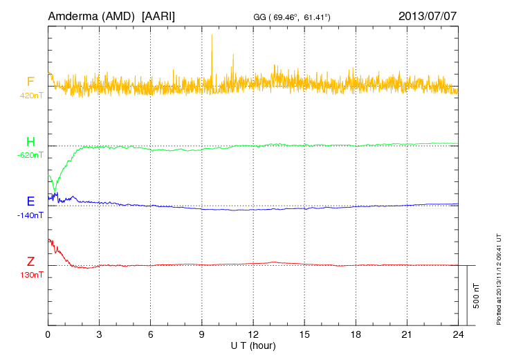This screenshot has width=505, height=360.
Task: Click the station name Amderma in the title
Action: pyautogui.click(x=74, y=15)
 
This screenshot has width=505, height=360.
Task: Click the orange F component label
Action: pyautogui.click(x=30, y=82)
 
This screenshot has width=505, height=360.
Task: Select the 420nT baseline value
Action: pyautogui.click(x=30, y=96)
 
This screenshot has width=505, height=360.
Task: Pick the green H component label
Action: pyautogui.click(x=30, y=143)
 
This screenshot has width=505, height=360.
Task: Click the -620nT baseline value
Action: pyautogui.click(x=30, y=156)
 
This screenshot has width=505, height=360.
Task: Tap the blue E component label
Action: pyautogui.click(x=30, y=202)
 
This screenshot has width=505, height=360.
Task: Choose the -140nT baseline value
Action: pyautogui.click(x=30, y=215)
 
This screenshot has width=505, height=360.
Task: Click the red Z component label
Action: pyautogui.click(x=30, y=262)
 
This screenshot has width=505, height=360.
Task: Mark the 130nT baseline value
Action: pyautogui.click(x=30, y=275)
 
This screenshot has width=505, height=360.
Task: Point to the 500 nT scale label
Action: pyautogui.click(x=477, y=295)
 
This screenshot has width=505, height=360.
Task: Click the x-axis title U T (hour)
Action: pyautogui.click(x=253, y=345)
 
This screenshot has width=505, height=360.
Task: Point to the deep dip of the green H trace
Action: pyautogui.click(x=55, y=189)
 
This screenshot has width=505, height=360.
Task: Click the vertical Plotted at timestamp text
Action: pyautogui.click(x=498, y=277)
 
